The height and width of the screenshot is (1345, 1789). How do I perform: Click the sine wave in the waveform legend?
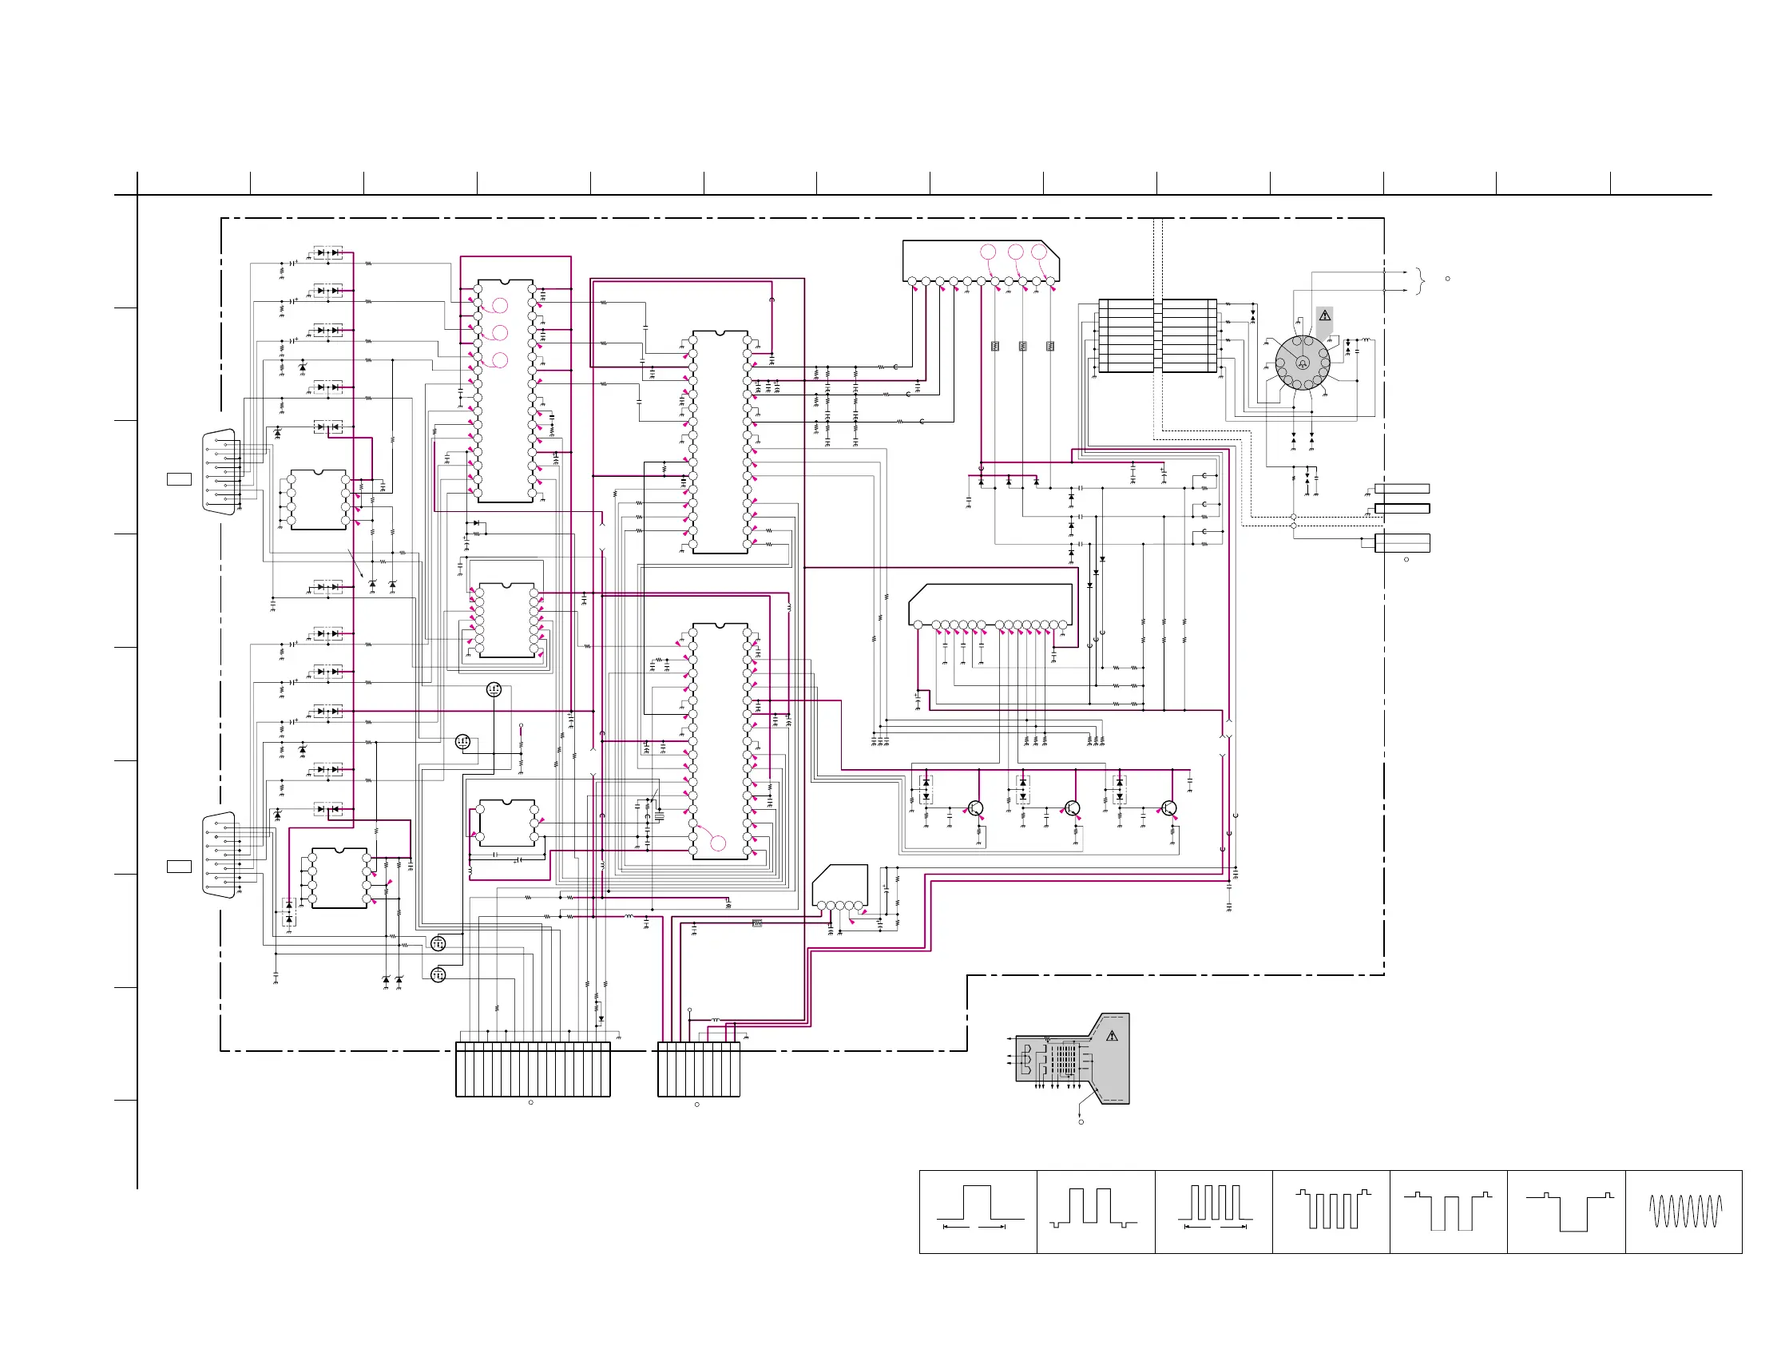[x=1684, y=1211]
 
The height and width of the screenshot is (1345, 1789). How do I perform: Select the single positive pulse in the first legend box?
[x=978, y=1203]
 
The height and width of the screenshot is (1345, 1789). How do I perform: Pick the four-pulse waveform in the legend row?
[x=1215, y=1203]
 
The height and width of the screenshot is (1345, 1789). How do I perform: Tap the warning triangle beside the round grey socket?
[x=1325, y=315]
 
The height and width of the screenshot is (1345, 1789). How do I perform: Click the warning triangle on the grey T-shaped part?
[x=1112, y=1035]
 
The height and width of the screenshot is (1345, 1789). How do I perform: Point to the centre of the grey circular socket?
[x=1302, y=363]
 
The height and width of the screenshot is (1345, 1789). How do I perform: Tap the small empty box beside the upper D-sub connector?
[x=179, y=478]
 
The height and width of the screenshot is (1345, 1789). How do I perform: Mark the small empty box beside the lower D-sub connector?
[x=179, y=867]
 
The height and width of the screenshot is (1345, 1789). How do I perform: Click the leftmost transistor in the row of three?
[x=976, y=808]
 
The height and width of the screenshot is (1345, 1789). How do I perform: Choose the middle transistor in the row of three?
[x=1073, y=808]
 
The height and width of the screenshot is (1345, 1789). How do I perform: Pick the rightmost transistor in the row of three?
[x=1168, y=808]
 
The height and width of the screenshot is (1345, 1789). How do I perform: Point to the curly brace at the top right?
[x=1421, y=280]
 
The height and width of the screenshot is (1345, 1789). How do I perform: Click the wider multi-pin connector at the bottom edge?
[x=533, y=1069]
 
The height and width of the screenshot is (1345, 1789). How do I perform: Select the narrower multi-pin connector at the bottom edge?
[x=699, y=1069]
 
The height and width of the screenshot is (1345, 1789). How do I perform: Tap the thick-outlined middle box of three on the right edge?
[x=1402, y=508]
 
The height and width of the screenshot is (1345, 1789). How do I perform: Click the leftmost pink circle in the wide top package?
[x=988, y=252]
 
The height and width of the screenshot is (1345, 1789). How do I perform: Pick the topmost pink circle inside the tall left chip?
[x=500, y=305]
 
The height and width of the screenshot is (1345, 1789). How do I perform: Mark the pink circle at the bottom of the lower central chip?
[x=718, y=843]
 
